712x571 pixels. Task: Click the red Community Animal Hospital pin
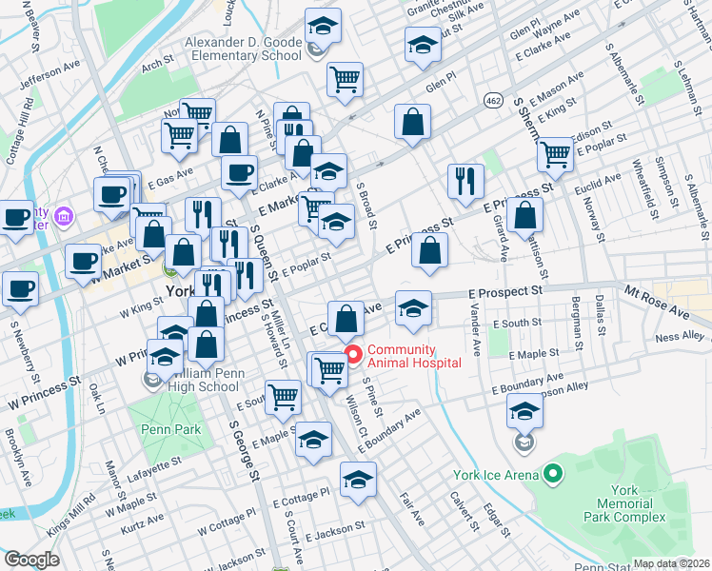pyautogui.click(x=353, y=356)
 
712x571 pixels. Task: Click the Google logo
pyautogui.click(x=30, y=560)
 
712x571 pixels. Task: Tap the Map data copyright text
pyautogui.click(x=672, y=563)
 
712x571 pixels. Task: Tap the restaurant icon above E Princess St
pyautogui.click(x=465, y=181)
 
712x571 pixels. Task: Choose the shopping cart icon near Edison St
pyautogui.click(x=555, y=152)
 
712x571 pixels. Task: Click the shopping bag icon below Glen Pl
pyautogui.click(x=412, y=122)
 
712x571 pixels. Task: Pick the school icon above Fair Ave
pyautogui.click(x=358, y=479)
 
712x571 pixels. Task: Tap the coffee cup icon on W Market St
pyautogui.click(x=83, y=260)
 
